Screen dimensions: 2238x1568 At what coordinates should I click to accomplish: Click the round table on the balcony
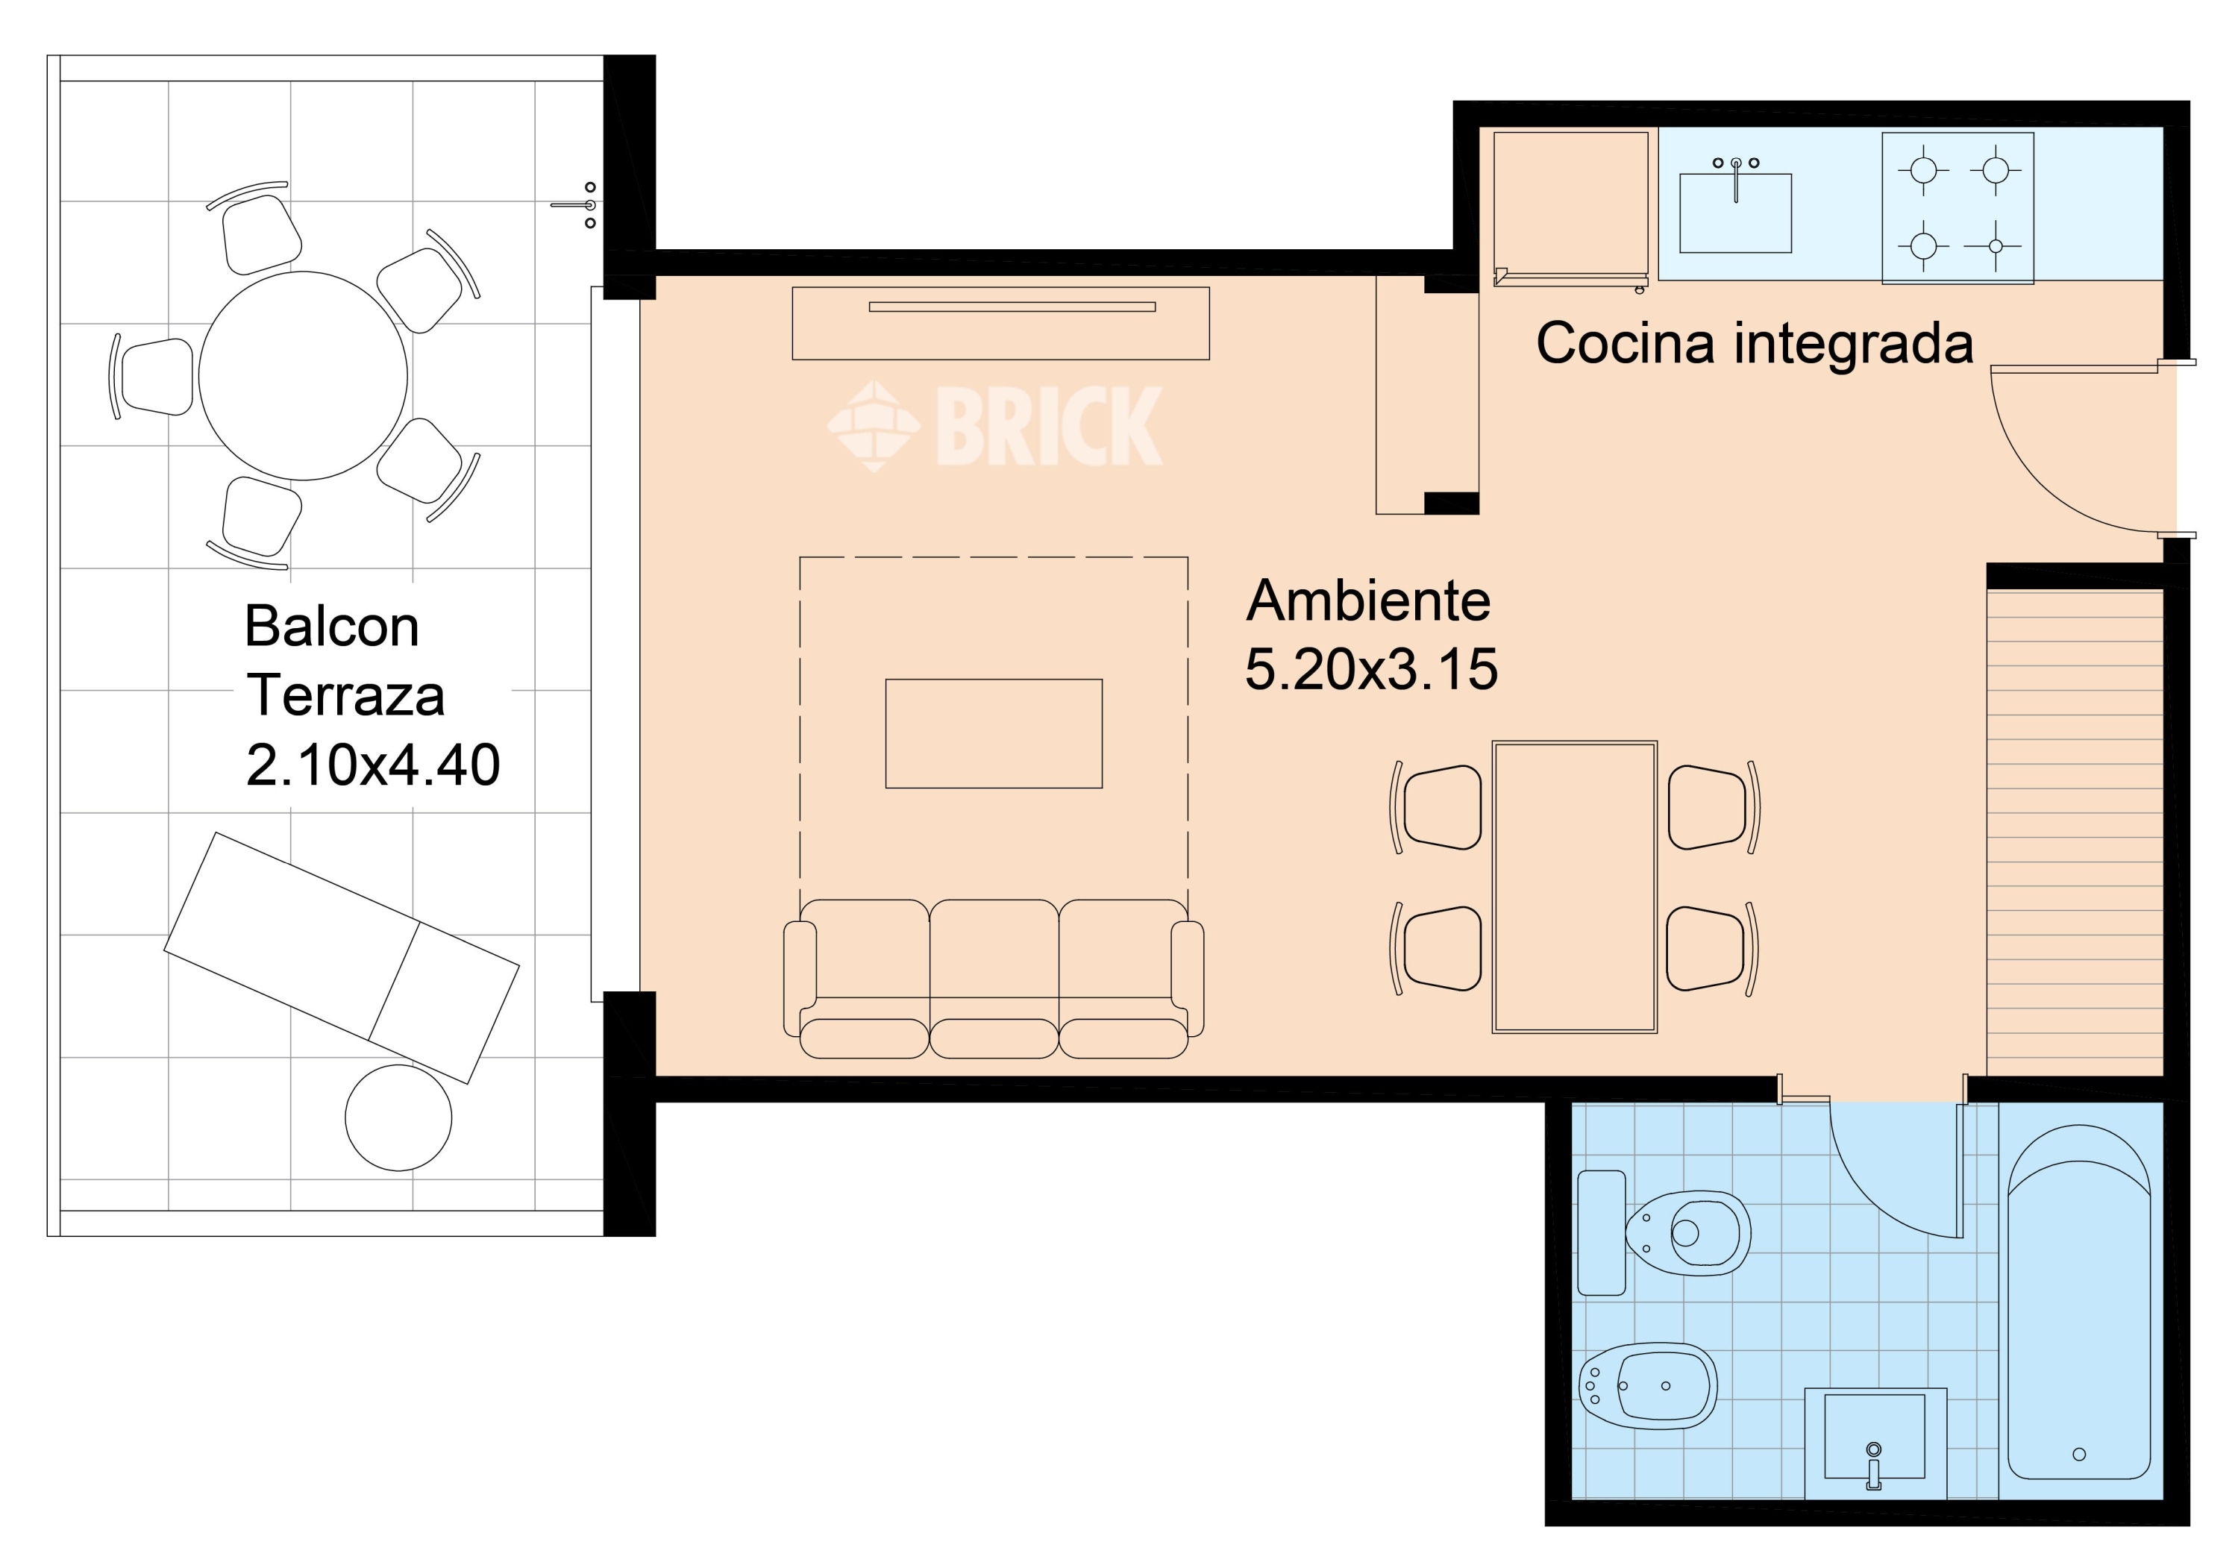point(303,375)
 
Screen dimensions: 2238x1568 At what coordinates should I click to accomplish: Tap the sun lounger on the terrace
point(341,957)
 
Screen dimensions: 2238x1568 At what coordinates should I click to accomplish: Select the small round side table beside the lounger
point(398,1117)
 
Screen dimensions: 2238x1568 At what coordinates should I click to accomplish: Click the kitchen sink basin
point(1735,213)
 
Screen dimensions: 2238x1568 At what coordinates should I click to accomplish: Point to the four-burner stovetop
point(1958,207)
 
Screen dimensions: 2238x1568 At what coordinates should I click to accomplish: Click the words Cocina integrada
point(1755,343)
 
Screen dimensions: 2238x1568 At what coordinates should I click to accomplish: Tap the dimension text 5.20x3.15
point(1371,668)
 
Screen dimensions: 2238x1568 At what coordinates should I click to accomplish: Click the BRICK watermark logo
point(995,426)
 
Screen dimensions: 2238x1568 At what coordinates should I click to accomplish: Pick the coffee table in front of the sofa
point(993,733)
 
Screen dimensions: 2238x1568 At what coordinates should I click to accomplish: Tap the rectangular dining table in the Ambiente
point(1574,886)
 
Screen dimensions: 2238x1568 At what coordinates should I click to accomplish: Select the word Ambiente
point(1368,600)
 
